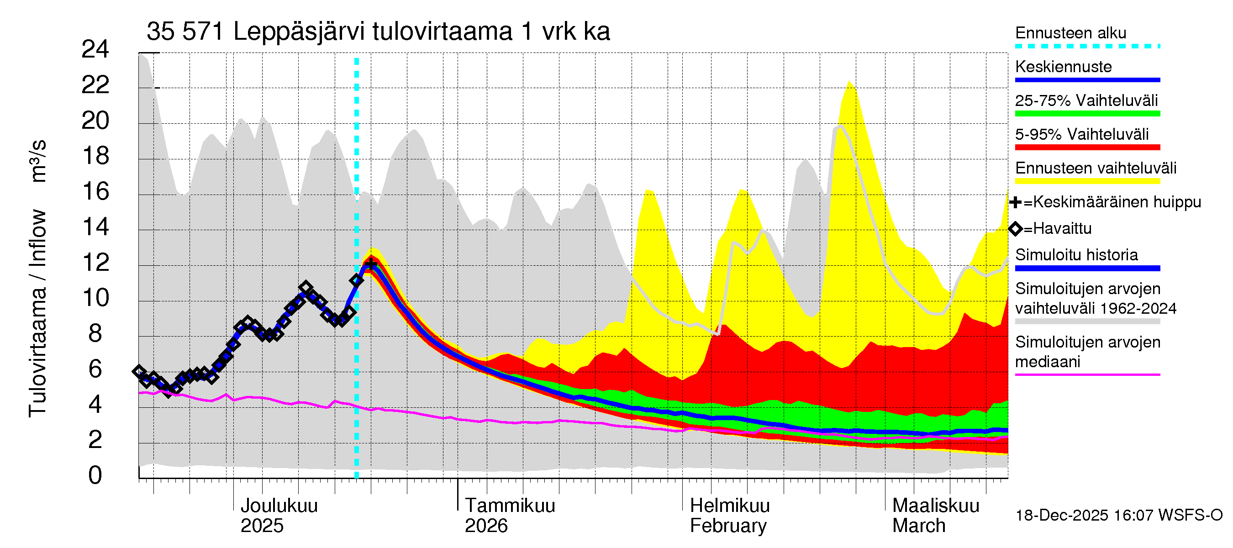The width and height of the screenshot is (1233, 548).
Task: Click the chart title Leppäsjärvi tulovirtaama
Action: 378,32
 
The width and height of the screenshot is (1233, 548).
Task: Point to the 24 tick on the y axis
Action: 95,49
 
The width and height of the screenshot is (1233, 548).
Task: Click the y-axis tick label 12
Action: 95,263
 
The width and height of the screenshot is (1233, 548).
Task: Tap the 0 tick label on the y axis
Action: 95,475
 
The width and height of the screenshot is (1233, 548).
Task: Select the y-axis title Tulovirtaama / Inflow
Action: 37,313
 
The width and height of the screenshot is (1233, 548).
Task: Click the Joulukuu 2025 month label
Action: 279,516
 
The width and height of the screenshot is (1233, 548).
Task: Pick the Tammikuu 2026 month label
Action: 509,516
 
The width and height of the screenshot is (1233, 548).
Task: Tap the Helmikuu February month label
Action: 729,516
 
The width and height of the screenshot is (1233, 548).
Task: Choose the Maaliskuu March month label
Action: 935,516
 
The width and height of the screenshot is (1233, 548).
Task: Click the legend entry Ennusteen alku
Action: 1071,33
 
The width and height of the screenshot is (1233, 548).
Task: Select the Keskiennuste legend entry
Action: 1063,67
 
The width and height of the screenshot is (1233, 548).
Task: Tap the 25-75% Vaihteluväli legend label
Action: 1086,100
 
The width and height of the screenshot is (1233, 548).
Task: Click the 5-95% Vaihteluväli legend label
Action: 1081,134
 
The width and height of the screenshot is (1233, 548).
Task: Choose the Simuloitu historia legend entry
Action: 1076,255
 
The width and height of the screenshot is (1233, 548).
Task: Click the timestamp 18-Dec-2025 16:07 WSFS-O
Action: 1118,516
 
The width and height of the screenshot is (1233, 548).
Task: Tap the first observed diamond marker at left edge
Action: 139,371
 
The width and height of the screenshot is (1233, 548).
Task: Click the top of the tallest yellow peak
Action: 849,82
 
